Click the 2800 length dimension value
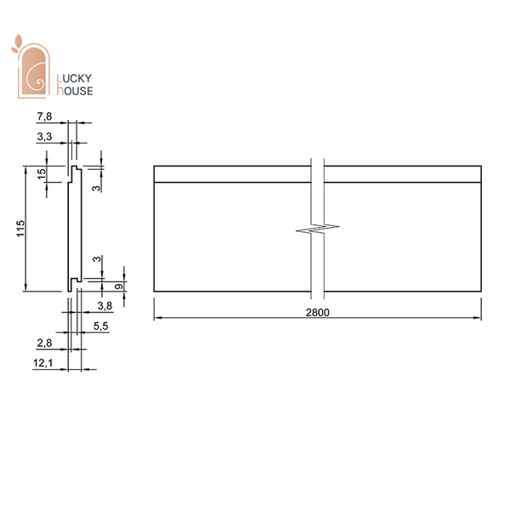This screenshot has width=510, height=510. (317, 313)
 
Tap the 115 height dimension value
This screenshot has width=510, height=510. (20, 229)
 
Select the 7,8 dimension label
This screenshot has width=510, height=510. (44, 116)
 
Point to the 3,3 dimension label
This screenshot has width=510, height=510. (44, 136)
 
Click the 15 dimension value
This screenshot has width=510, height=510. (42, 174)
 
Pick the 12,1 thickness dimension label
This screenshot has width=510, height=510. (43, 363)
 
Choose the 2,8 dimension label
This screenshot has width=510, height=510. (44, 343)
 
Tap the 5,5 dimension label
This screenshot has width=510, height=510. (101, 326)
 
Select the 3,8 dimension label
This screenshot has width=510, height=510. (105, 306)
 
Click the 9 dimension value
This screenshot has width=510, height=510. (119, 286)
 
